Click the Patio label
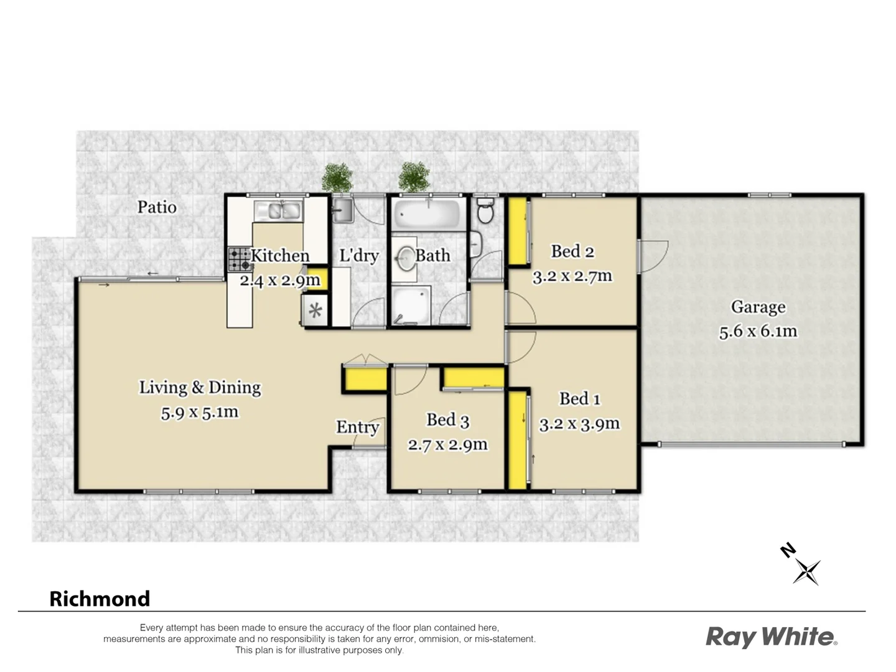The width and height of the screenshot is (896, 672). tap(157, 207)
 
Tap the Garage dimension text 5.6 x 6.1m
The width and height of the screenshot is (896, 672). tap(758, 332)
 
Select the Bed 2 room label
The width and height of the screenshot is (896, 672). tap(572, 251)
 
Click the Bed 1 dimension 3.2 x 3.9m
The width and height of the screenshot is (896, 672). tap(579, 424)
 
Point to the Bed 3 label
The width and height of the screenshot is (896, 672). tap(447, 421)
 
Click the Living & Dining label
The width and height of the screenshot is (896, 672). tap(200, 388)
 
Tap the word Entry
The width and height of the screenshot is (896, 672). tap(357, 427)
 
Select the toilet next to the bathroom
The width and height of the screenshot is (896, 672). tap(485, 211)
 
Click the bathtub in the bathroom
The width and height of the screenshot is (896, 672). tap(427, 214)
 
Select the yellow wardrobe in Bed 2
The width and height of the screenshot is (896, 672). tap(518, 231)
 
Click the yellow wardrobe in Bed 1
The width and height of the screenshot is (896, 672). tap(517, 439)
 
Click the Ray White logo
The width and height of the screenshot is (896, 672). tap(771, 637)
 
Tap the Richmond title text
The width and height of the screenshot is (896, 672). tap(100, 599)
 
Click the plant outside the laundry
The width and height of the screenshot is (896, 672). tap(337, 177)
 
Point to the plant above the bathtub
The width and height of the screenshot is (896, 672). tap(414, 177)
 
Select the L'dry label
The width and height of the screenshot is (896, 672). tap(359, 256)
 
